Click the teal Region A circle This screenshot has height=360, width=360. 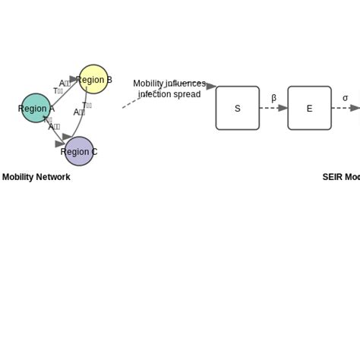click(36, 109)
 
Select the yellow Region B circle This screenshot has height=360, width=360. click(93, 80)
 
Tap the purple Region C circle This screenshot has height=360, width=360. click(79, 151)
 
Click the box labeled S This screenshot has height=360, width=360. click(237, 108)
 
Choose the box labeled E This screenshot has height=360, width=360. click(309, 108)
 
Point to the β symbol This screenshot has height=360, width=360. click(273, 98)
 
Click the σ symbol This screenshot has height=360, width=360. click(345, 98)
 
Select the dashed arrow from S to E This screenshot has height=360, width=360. click(273, 108)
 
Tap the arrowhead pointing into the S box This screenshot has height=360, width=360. click(210, 87)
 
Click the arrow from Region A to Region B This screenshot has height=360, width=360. click(64, 89)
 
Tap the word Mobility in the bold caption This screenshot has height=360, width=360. click(17, 177)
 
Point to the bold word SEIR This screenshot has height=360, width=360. click(333, 177)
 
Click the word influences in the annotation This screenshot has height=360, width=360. click(185, 84)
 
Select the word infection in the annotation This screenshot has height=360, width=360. click(154, 94)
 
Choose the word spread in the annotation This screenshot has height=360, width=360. click(187, 94)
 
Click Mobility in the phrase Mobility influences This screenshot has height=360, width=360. click(148, 84)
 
